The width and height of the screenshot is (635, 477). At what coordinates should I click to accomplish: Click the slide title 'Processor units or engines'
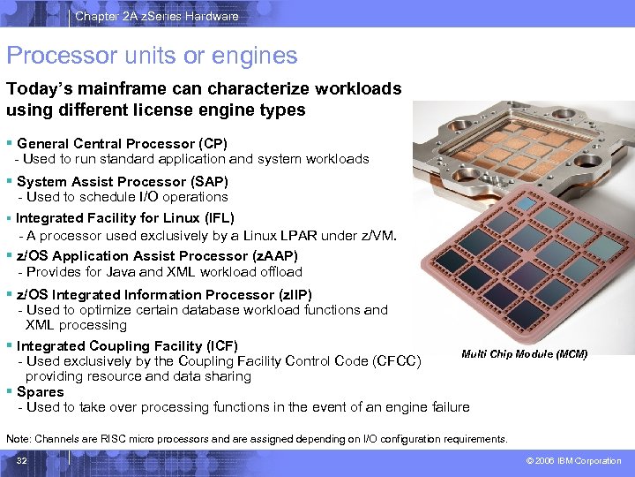point(152,57)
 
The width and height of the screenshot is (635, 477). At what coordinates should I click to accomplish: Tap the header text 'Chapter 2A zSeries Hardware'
point(157,16)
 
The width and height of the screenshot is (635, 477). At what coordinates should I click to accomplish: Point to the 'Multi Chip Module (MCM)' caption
point(524,354)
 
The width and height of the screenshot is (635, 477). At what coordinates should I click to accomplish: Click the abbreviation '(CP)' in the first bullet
point(213,143)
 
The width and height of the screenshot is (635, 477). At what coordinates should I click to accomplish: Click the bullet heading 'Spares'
point(41,391)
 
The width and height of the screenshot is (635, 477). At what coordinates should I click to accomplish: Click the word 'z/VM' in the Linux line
point(377,235)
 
